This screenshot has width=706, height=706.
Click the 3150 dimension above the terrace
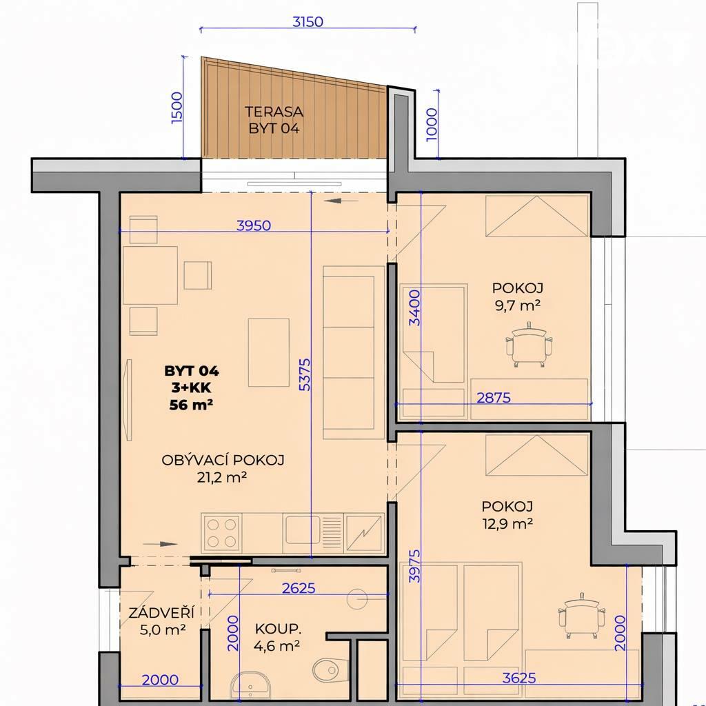307,21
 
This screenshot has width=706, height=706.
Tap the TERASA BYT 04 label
274,120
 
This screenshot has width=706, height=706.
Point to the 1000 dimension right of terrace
431,124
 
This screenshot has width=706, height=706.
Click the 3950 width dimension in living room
254,225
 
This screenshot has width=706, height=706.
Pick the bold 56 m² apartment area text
191,405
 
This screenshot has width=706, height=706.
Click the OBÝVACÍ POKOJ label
223,460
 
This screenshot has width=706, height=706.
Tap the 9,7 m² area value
518,305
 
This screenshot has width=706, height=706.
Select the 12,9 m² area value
507,524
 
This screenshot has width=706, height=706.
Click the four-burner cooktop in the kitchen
221,533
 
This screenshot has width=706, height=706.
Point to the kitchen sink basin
303,529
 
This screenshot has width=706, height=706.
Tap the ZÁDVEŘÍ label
161,612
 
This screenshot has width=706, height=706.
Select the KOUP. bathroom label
278,629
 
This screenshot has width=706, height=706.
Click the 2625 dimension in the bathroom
299,588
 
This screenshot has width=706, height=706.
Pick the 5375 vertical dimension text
305,374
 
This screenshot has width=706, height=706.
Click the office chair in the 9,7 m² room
529,345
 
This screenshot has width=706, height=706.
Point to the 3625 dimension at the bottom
519,678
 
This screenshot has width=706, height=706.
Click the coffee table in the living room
269,352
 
